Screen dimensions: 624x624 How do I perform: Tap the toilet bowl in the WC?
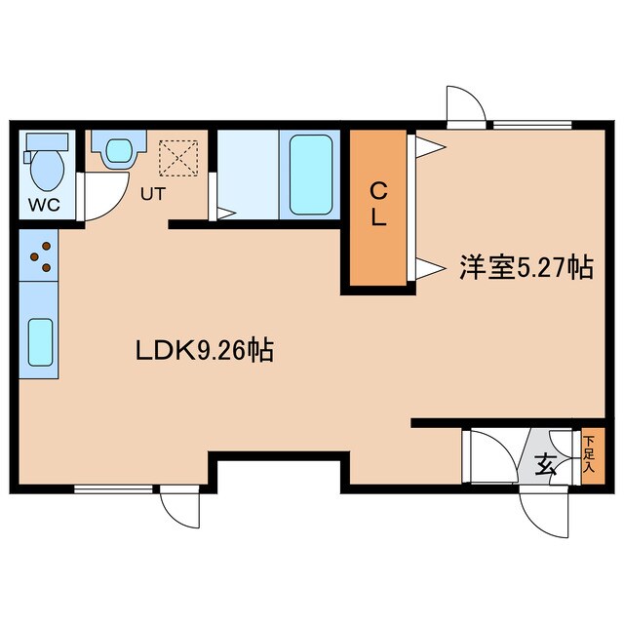(x=45, y=169)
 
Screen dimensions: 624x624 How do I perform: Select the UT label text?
(x=152, y=193)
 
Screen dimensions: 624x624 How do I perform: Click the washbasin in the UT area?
(x=117, y=151)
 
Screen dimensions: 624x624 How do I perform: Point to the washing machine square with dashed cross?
(x=178, y=155)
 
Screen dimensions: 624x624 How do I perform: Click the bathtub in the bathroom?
(x=310, y=175)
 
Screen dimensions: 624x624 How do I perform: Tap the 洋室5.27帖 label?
(x=526, y=267)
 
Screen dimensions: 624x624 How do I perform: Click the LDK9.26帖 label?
(x=204, y=349)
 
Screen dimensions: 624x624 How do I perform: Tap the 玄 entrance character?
(x=546, y=465)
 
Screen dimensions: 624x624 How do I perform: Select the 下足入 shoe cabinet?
(x=589, y=454)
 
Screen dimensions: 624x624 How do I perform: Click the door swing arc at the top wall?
(x=466, y=105)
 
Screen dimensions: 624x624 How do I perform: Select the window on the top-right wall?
(x=532, y=124)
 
